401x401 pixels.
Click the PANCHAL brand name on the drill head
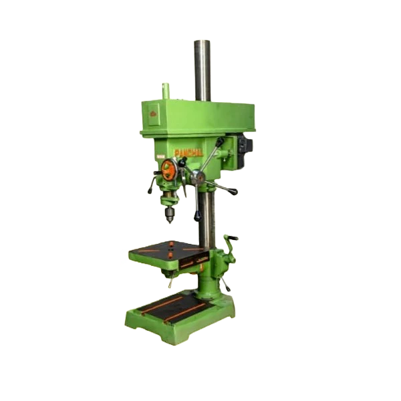click(188, 152)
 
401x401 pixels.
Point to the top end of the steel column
click(202, 42)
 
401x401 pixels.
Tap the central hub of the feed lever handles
click(198, 177)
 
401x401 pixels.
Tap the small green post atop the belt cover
click(165, 89)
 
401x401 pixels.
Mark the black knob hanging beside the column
click(198, 217)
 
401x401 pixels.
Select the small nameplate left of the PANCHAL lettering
click(161, 158)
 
